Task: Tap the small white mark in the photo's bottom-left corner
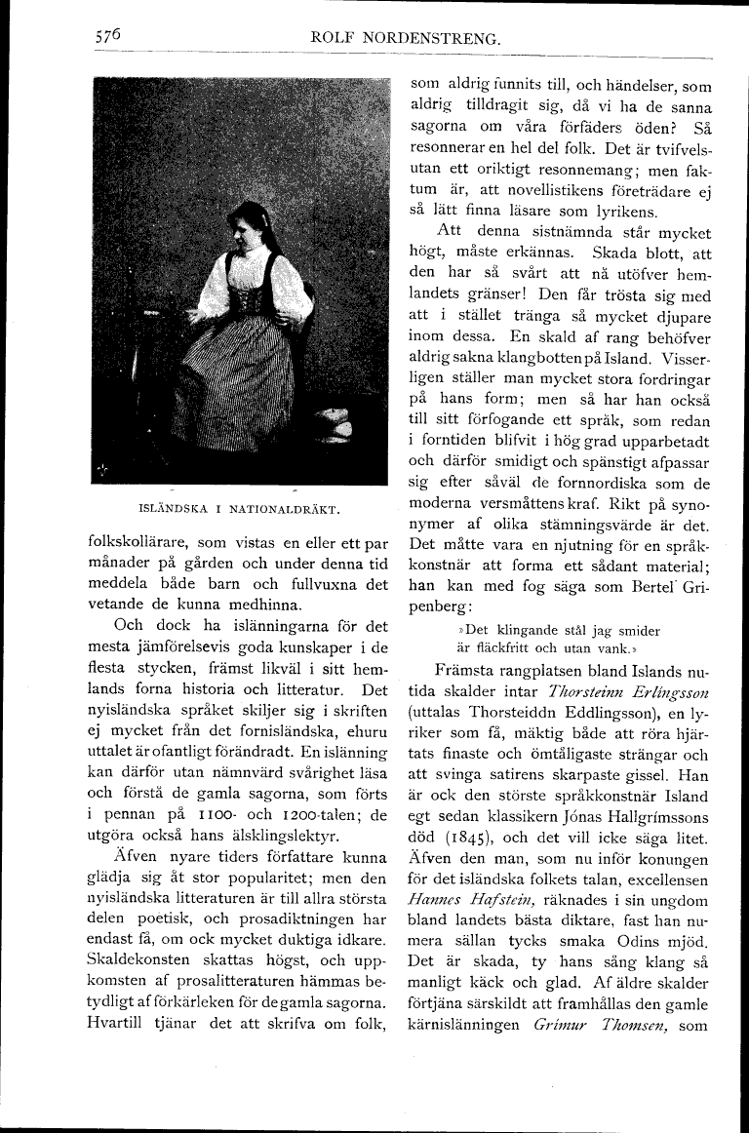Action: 104,470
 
